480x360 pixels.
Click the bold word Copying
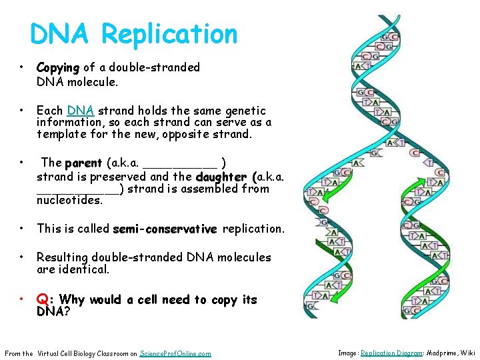[x=58, y=68]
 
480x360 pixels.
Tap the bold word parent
[x=83, y=163]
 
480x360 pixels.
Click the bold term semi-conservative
[x=165, y=229]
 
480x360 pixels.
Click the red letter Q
[x=41, y=300]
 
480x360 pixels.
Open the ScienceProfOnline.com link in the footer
[x=175, y=353]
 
